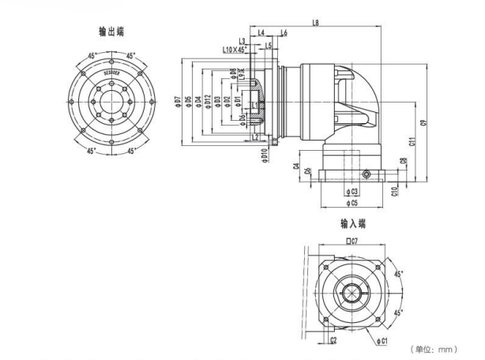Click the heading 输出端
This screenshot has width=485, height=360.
point(111,32)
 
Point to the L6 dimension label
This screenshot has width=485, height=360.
point(283,32)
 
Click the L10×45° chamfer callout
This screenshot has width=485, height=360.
point(235,50)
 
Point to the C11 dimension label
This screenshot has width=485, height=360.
point(412,142)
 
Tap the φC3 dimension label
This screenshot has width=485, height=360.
point(352,191)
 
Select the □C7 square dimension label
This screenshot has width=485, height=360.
point(352,240)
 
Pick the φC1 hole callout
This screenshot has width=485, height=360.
point(382,341)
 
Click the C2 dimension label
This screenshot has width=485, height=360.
point(334,341)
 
